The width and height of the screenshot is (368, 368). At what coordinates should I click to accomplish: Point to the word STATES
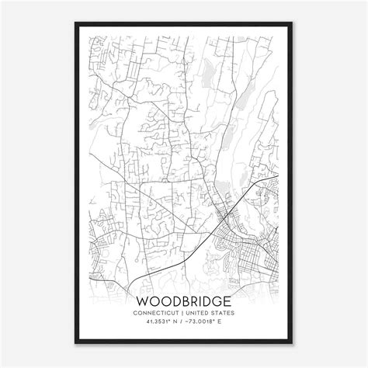coord(224,313)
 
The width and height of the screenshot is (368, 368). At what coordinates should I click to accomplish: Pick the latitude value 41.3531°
coord(155,321)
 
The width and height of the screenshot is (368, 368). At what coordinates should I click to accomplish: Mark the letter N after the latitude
coord(174,321)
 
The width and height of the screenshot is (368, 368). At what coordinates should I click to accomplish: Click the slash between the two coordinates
coord(182,321)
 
